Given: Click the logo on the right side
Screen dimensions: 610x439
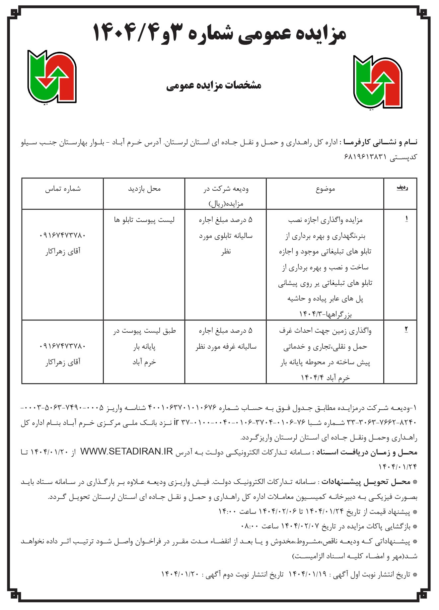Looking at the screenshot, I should [x=378, y=82].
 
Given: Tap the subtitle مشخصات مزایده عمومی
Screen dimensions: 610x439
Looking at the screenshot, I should [x=214, y=86].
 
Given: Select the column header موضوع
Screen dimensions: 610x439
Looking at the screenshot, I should [x=325, y=189].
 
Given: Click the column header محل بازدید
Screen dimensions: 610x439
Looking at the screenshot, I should [x=144, y=189].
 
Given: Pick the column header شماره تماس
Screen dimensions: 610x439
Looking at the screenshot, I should [x=63, y=189].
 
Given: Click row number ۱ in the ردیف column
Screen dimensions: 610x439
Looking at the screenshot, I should [x=406, y=219].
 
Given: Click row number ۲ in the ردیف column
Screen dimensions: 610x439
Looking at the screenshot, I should [x=406, y=329].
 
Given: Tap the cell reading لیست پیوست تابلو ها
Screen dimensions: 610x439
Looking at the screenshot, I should [x=144, y=220].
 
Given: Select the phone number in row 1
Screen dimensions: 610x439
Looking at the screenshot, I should [x=63, y=236].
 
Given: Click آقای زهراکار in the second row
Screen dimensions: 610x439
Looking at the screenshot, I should [x=63, y=362].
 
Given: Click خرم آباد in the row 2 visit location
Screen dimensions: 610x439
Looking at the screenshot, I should [x=144, y=362].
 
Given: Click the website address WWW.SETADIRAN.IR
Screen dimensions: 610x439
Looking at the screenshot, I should [x=127, y=452].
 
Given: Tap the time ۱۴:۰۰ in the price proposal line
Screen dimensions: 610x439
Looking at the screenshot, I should [x=227, y=512].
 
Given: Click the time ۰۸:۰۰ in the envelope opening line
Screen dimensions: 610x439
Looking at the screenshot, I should [x=249, y=526].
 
